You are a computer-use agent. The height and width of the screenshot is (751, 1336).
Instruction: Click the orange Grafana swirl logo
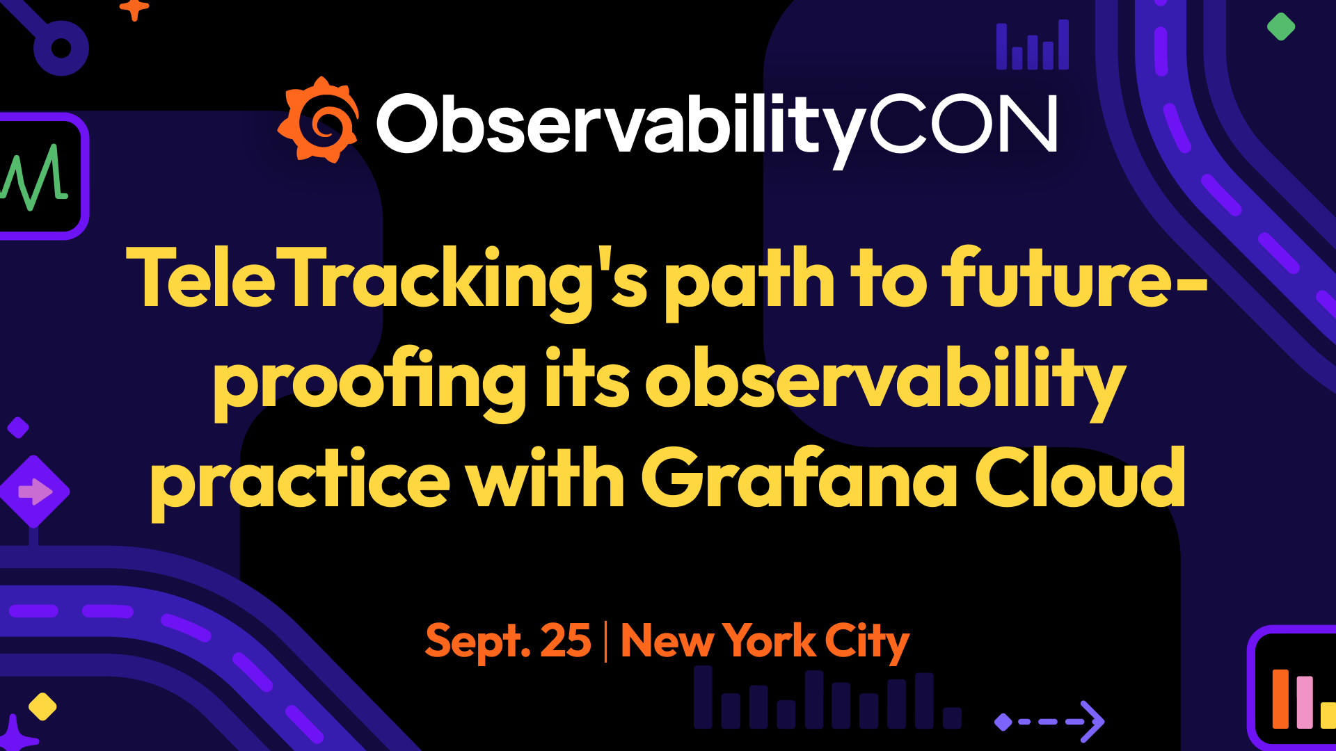pyautogui.click(x=319, y=120)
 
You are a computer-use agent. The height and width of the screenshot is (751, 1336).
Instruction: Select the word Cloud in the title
pyautogui.click(x=1081, y=478)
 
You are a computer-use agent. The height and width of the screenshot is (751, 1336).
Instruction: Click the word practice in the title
pyautogui.click(x=300, y=484)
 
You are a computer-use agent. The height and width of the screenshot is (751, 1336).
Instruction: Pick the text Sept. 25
pyautogui.click(x=508, y=641)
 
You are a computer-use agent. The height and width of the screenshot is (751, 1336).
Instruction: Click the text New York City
pyautogui.click(x=765, y=642)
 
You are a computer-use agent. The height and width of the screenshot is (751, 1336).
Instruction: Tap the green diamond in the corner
pyautogui.click(x=1281, y=27)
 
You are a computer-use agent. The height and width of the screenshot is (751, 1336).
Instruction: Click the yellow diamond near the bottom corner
pyautogui.click(x=42, y=706)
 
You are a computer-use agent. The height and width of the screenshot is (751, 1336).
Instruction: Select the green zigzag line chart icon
pyautogui.click(x=35, y=177)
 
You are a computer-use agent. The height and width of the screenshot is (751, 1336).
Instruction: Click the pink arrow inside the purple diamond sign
pyautogui.click(x=35, y=492)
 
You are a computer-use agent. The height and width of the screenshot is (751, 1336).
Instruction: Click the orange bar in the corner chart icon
pyautogui.click(x=1280, y=699)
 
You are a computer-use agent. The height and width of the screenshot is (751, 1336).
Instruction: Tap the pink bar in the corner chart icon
pyautogui.click(x=1305, y=702)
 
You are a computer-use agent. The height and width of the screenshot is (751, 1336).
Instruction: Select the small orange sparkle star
pyautogui.click(x=134, y=8)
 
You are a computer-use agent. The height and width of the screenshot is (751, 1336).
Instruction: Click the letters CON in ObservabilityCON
pyautogui.click(x=963, y=124)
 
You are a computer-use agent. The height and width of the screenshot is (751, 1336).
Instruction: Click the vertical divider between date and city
pyautogui.click(x=605, y=641)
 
